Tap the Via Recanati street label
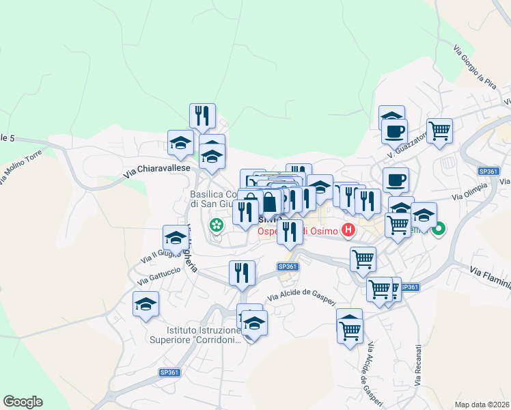pos(417,366)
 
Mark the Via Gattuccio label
pos(158,275)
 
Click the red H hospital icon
pos(348,230)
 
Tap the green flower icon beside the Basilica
pos(217,224)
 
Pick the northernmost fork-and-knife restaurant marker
pos(202,116)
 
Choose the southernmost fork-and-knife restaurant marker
pos(242,273)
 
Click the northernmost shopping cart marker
pos(439,129)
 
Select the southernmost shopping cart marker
pos(350,331)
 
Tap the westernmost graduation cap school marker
pos(146,304)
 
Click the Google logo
pos(23,402)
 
